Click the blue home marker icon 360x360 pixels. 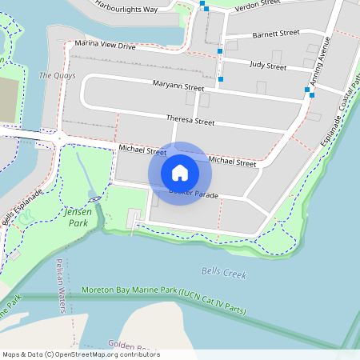click(180, 172)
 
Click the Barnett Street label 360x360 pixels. click(275, 34)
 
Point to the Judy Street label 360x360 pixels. click(267, 66)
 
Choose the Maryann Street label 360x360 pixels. click(178, 86)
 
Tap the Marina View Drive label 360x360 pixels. click(105, 46)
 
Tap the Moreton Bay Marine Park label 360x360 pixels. click(164, 300)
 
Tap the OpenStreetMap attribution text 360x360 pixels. click(81, 354)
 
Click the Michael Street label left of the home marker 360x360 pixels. click(142, 150)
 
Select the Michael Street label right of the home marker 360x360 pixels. click(232, 162)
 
